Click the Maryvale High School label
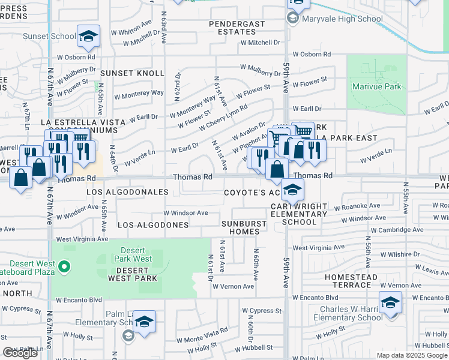pos(343,19)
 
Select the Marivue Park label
pos(376,87)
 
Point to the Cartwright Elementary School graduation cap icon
pos(292,190)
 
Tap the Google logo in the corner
pos(20,353)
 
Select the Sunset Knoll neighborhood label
pos(132,73)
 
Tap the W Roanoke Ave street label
pos(358,206)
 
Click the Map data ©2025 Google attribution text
pos(411,355)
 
